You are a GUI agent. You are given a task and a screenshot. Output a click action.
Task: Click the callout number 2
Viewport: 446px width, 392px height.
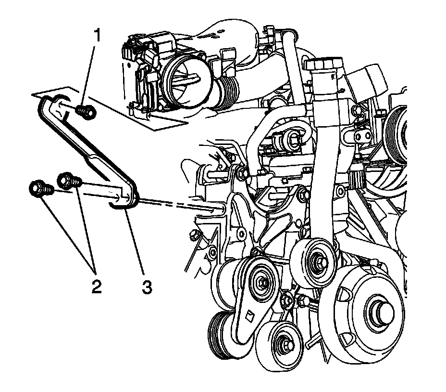95,287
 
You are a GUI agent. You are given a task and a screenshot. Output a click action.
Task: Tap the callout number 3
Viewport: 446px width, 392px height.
146,287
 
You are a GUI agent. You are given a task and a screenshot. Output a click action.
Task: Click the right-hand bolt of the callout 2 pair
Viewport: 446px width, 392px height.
67,182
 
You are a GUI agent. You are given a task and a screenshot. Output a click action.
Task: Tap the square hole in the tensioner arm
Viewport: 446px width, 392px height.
249,316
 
